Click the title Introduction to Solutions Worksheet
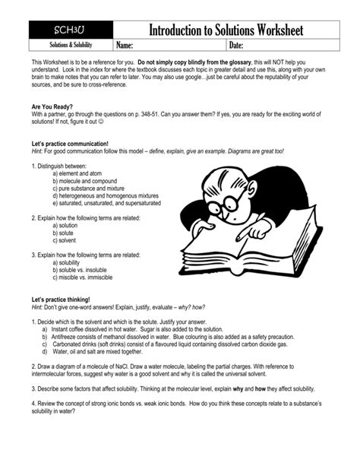tap(226, 30)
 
